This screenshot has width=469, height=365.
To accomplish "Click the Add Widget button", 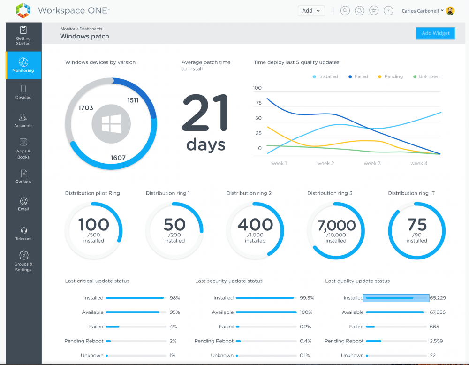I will point(435,33).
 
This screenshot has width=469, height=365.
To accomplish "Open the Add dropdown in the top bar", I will point(311,11).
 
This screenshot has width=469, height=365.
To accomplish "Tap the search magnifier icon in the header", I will point(345,11).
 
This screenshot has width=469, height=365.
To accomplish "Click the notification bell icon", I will point(359,11).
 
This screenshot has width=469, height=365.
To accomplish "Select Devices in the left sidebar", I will point(23,92).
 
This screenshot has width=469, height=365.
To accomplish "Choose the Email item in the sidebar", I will point(23,204).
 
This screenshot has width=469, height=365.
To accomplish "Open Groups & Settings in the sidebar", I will point(23,261).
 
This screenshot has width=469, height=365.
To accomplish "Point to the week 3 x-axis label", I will point(372,163).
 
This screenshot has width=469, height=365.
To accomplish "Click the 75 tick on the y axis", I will point(257,103).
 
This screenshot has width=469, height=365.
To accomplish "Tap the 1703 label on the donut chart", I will point(86,108).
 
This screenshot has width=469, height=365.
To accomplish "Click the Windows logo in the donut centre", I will point(111,124).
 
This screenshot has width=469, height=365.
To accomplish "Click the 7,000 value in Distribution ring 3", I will point(336,226).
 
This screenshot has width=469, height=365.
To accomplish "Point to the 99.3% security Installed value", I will point(307,298).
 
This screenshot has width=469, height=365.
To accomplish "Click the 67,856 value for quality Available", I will point(437,312).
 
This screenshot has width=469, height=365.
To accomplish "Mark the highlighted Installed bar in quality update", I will point(396,298).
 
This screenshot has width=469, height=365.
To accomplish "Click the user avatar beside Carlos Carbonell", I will point(450,11).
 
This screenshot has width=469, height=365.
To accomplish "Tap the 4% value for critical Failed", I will point(174,327).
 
